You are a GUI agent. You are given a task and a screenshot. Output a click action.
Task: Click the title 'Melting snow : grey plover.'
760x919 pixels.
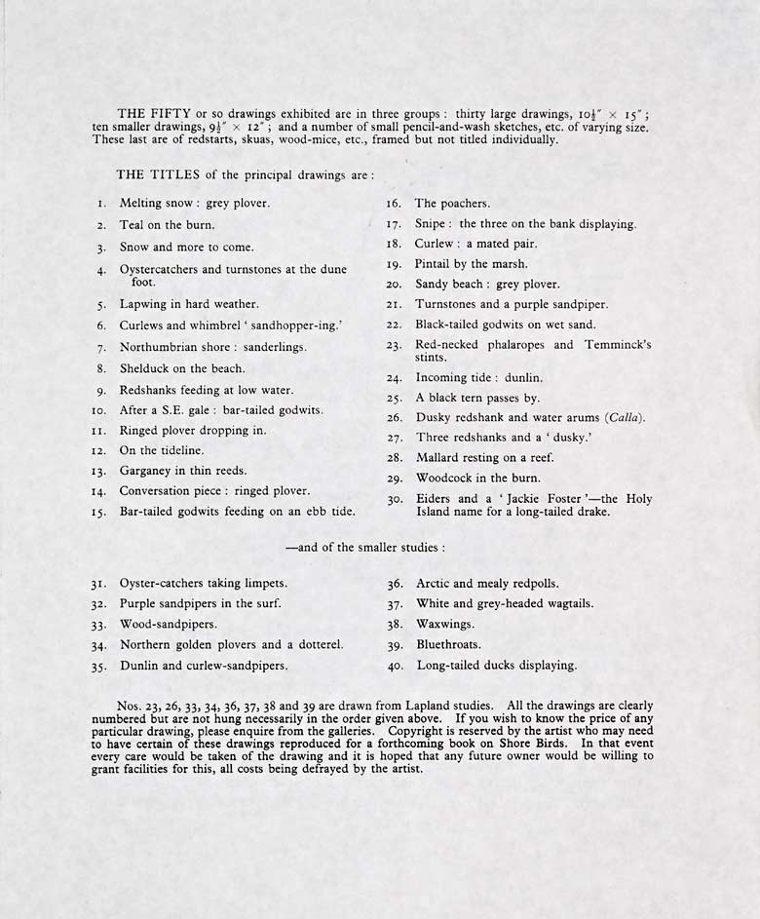(x=194, y=204)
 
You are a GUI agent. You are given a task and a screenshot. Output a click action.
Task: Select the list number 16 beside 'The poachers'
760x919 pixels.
(x=395, y=204)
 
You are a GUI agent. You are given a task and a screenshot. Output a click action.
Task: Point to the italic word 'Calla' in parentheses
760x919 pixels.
(x=623, y=418)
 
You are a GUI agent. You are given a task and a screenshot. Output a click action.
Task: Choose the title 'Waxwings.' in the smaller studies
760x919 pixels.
(x=445, y=624)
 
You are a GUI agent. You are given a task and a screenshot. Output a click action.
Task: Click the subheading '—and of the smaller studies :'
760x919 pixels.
(x=365, y=548)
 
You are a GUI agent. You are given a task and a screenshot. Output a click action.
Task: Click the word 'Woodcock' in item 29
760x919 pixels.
(x=444, y=479)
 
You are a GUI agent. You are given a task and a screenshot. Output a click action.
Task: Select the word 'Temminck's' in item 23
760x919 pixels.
(x=616, y=345)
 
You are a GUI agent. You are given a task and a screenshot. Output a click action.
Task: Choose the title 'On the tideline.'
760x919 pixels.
(x=162, y=450)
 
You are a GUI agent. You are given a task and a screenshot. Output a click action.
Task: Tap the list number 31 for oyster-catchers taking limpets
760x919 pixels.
(x=98, y=584)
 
